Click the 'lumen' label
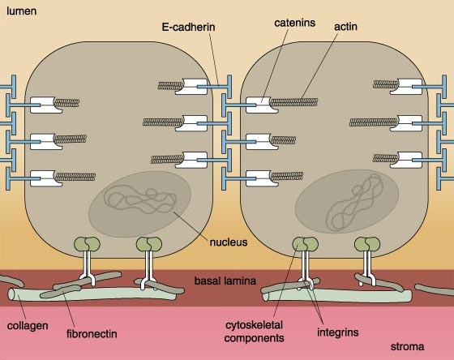coord(21,11)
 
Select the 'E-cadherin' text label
coord(188,27)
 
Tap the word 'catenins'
coord(294,23)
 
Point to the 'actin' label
coord(345,27)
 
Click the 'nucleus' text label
coord(229,242)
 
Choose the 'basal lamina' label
coord(225,281)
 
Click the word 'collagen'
coord(28,326)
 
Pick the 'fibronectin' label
coord(92,333)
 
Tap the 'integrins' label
coord(338,332)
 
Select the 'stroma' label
coord(407,347)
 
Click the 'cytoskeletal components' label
coord(254,332)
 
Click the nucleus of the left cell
coord(139,204)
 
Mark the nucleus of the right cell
coord(347,202)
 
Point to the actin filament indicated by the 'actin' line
coord(293,102)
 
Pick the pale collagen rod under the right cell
coord(336,295)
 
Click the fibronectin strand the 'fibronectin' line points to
coord(61,291)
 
